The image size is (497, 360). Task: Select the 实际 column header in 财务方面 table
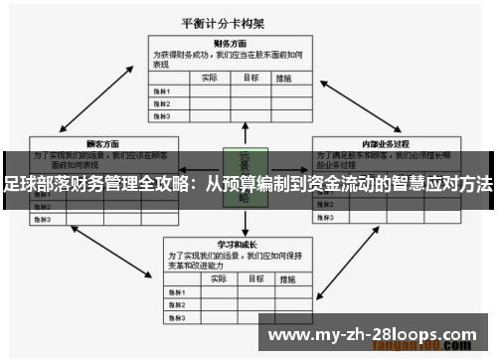coord(210,77)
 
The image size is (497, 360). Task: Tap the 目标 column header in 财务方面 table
coord(251,77)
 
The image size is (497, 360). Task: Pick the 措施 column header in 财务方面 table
coord(285,77)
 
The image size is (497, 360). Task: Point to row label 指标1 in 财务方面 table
coord(162,90)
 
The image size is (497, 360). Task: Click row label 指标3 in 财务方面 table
coord(162,115)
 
